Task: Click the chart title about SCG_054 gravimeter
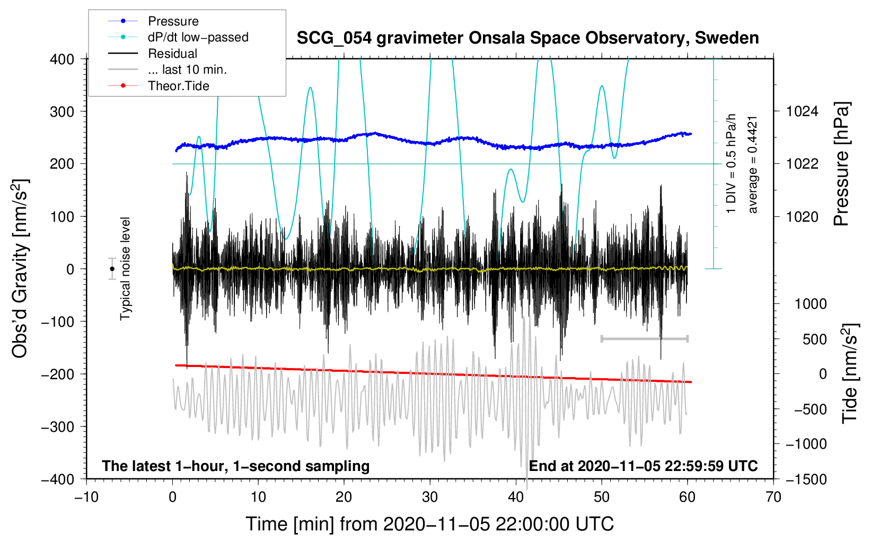pos(527,38)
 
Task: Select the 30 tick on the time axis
pos(430,497)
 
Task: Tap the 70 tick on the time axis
pos(773,497)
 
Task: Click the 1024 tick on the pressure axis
pos(802,111)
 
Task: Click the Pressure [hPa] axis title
pos(842,164)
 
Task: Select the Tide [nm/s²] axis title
pos(850,373)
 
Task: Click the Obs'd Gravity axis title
pos(20,268)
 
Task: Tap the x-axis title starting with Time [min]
pos(430,524)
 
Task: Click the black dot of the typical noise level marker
pos(112,269)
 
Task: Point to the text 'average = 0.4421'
pos(752,164)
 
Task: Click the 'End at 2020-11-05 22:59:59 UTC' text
pos(643,466)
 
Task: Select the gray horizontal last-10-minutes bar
pos(644,338)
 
